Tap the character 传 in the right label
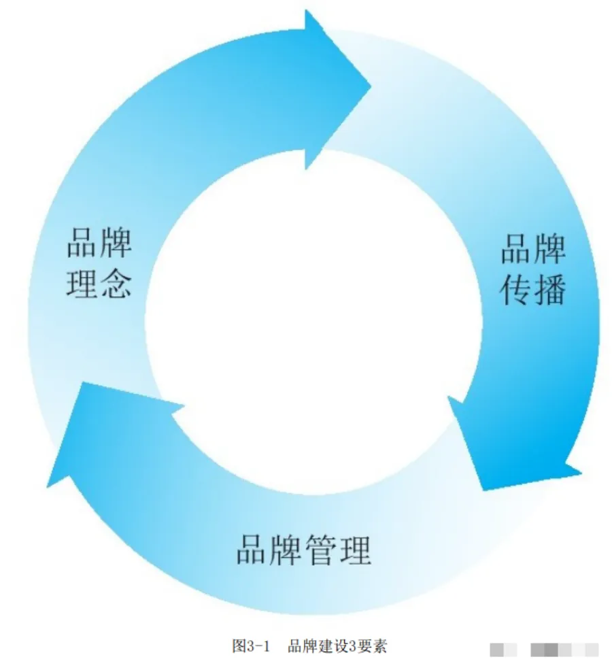pyautogui.click(x=517, y=289)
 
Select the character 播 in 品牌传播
pyautogui.click(x=549, y=289)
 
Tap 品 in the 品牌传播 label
pyautogui.click(x=517, y=250)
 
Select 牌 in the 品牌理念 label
pyautogui.click(x=116, y=242)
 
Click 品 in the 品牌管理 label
pyautogui.click(x=252, y=550)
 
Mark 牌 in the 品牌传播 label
pyautogui.click(x=549, y=250)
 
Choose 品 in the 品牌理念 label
pyautogui.click(x=82, y=242)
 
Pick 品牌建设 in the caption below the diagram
pyautogui.click(x=313, y=646)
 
